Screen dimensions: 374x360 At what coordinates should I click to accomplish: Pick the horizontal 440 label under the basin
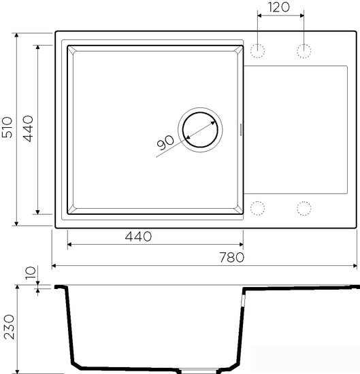[x=138, y=237]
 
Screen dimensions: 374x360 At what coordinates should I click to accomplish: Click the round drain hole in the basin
[x=199, y=129]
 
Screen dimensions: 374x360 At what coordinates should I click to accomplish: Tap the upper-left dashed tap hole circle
[x=258, y=51]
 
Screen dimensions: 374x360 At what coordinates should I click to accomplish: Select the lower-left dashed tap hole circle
[x=258, y=207]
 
